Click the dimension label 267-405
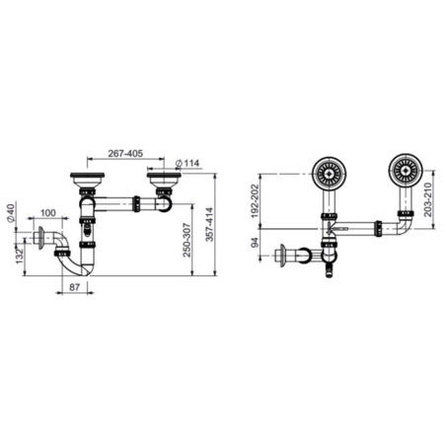pyautogui.click(x=125, y=153)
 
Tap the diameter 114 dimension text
pyautogui.click(x=187, y=163)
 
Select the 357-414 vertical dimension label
pyautogui.click(x=209, y=224)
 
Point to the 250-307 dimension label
pyautogui.click(x=186, y=240)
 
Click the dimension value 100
pyautogui.click(x=48, y=213)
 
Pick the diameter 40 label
pyautogui.click(x=11, y=213)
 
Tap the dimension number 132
pyautogui.click(x=19, y=256)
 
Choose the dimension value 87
pyautogui.click(x=74, y=287)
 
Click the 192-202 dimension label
pyautogui.click(x=255, y=201)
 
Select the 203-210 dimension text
pyautogui.click(x=427, y=199)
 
